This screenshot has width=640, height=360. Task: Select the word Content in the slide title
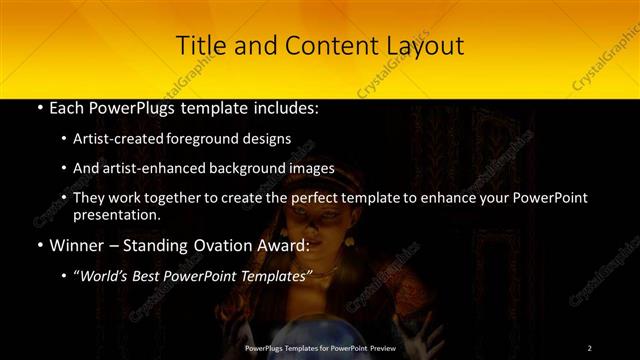click(313, 46)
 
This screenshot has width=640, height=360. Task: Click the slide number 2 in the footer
click(590, 347)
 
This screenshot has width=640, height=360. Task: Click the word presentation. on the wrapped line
click(116, 215)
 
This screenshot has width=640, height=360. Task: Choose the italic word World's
click(106, 274)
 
